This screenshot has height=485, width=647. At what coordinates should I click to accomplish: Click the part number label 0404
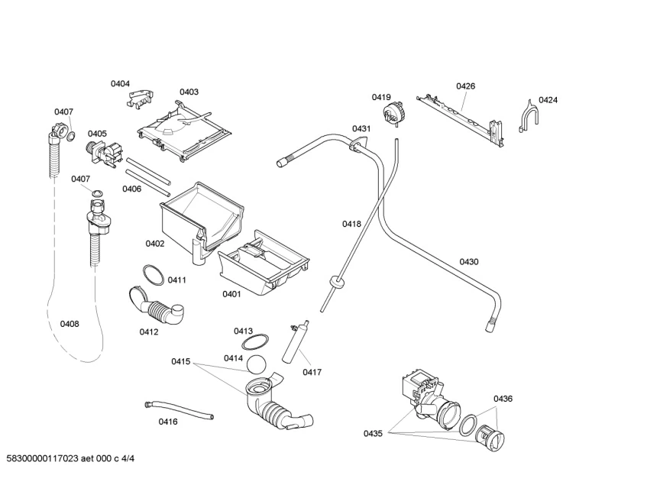click(x=120, y=84)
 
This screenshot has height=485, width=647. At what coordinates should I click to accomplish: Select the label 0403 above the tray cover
click(x=189, y=92)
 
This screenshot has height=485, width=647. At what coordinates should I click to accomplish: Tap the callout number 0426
click(x=465, y=86)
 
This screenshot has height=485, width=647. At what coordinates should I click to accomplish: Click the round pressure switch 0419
click(x=394, y=114)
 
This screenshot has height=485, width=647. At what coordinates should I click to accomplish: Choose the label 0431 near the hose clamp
click(x=361, y=129)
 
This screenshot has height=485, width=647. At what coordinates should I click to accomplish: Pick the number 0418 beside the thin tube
click(x=351, y=224)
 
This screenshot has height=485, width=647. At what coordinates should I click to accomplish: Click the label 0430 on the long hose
click(x=469, y=262)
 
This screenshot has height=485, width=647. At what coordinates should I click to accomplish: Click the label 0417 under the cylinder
click(x=312, y=373)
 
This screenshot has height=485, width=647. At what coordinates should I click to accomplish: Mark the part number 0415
click(x=180, y=361)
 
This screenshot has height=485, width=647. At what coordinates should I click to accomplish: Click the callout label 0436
click(x=503, y=399)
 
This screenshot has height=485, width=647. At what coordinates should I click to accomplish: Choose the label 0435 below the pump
click(x=373, y=434)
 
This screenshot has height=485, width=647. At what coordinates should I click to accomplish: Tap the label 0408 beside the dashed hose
click(x=70, y=324)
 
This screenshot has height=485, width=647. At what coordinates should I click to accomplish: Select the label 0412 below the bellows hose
click(x=149, y=331)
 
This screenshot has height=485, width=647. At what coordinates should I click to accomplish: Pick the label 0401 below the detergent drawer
click(x=232, y=294)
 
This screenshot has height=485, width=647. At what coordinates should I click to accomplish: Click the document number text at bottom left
click(x=70, y=458)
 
